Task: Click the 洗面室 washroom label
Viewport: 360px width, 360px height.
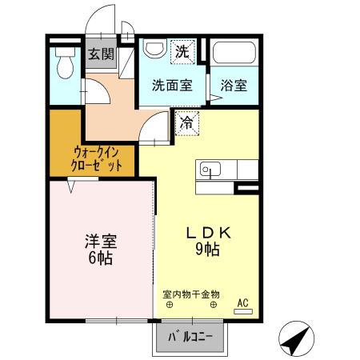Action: pyautogui.click(x=172, y=86)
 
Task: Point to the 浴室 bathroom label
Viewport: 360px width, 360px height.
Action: pyautogui.click(x=234, y=86)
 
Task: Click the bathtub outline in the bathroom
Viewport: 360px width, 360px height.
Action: pyautogui.click(x=234, y=56)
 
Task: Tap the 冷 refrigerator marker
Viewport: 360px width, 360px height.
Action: pyautogui.click(x=186, y=123)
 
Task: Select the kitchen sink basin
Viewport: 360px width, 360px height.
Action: pyautogui.click(x=210, y=170)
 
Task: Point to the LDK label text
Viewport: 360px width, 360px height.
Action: pyautogui.click(x=209, y=233)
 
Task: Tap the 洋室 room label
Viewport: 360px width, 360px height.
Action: pyautogui.click(x=100, y=242)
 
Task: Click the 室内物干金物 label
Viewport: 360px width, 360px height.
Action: pyautogui.click(x=190, y=294)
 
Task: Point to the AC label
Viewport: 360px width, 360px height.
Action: pyautogui.click(x=243, y=302)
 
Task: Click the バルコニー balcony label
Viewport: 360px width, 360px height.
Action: pyautogui.click(x=190, y=337)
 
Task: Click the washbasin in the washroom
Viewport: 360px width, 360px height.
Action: pyautogui.click(x=153, y=49)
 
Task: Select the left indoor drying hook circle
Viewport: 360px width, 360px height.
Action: pyautogui.click(x=168, y=306)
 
